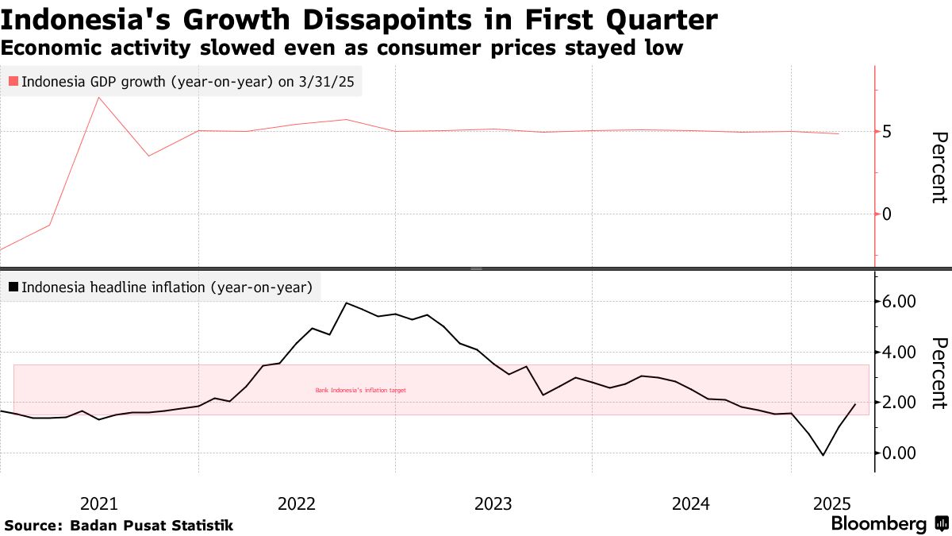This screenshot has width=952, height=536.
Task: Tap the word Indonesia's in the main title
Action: [77, 19]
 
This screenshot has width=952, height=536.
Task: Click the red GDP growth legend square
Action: [13, 81]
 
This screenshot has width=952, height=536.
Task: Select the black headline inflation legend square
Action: [13, 287]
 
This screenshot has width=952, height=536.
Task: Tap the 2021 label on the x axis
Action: [100, 503]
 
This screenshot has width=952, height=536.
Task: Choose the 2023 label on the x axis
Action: [493, 503]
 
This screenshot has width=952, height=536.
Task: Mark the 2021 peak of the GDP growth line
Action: [98, 98]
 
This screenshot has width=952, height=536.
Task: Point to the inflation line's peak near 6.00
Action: [347, 303]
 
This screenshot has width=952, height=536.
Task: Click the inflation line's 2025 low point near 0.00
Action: [823, 456]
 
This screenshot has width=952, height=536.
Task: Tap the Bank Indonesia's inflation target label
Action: [360, 390]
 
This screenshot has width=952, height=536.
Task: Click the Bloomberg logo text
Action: [879, 524]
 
